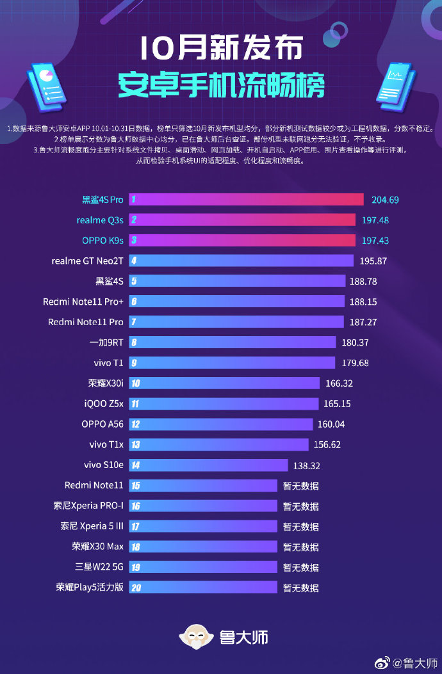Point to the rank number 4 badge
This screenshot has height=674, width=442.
point(134,261)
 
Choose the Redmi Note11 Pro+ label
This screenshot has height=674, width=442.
point(83,301)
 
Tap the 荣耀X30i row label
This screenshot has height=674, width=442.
point(106,383)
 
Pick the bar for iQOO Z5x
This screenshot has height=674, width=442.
point(224,404)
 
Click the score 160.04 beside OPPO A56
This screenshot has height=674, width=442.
point(332,424)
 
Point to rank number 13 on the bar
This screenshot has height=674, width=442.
point(135,445)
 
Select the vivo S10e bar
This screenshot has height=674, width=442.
point(208,465)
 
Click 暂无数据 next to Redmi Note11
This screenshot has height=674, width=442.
point(301,486)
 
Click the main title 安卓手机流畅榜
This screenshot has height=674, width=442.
point(221,84)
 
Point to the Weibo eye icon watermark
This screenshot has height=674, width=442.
point(382,662)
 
